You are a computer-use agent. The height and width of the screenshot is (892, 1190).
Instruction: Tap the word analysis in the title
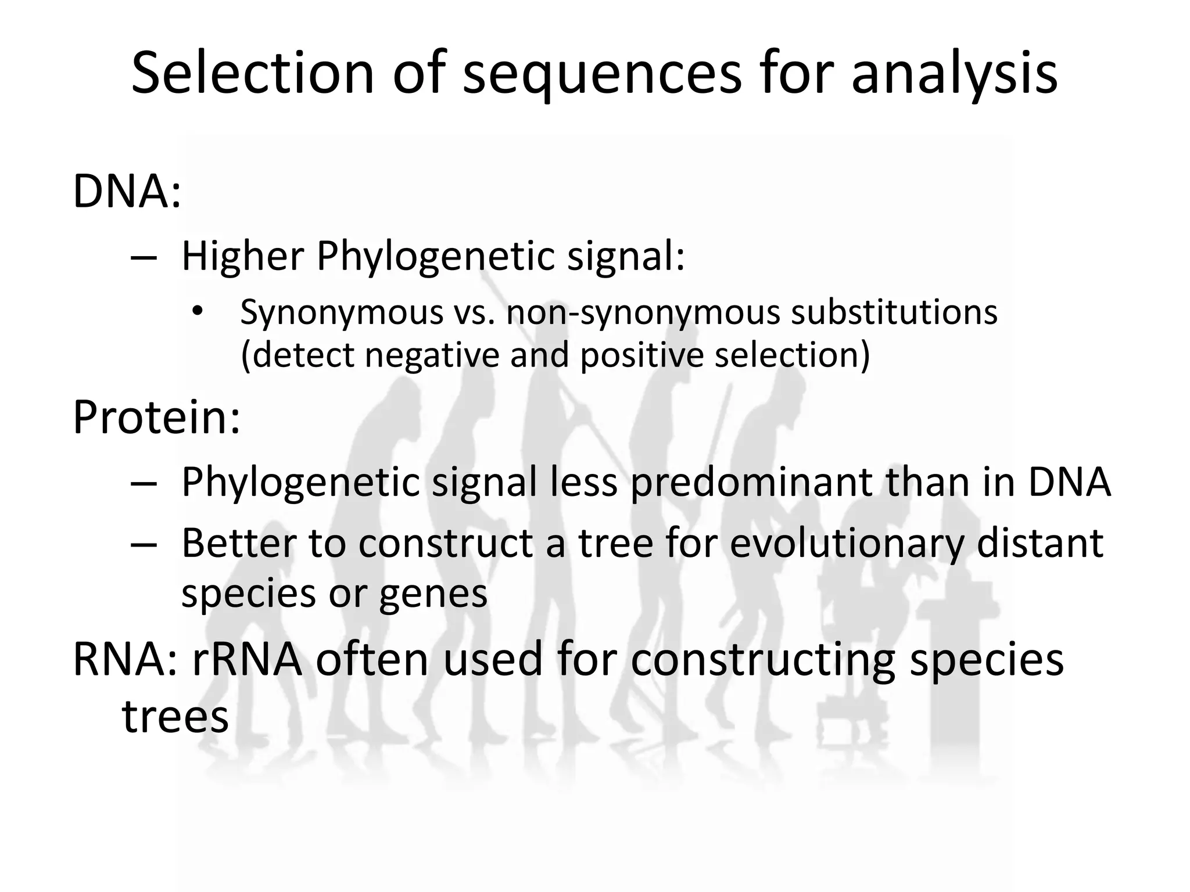pyautogui.click(x=954, y=73)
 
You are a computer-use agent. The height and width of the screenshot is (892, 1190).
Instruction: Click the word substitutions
pyautogui.click(x=894, y=312)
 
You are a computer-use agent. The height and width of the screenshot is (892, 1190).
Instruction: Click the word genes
pyautogui.click(x=433, y=594)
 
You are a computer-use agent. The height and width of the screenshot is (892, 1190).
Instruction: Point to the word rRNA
pyautogui.click(x=247, y=660)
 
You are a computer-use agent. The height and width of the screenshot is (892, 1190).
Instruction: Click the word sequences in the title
pyautogui.click(x=602, y=73)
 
